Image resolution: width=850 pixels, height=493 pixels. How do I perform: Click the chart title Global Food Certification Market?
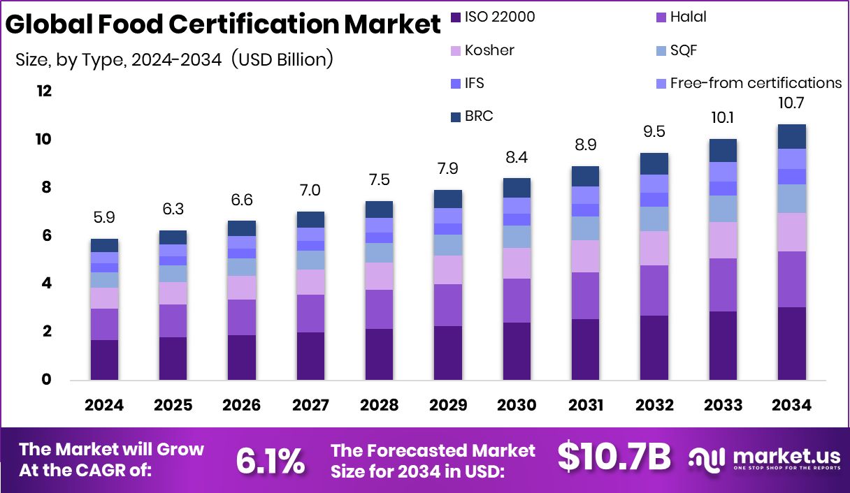coord(223,24)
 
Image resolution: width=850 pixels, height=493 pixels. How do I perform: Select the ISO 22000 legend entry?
coord(499,17)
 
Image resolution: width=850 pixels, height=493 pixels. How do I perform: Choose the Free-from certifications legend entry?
coord(755,83)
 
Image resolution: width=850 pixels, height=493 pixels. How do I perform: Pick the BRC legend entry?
coord(478,116)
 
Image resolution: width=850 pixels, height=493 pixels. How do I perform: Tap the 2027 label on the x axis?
coord(310,406)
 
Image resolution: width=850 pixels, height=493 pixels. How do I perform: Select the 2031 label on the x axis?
coord(584,406)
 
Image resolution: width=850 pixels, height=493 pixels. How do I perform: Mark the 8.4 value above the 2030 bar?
coord(516,158)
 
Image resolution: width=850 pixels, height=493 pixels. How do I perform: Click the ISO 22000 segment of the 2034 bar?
coord(791,344)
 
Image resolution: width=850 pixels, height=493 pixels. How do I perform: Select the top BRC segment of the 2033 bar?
coord(722,150)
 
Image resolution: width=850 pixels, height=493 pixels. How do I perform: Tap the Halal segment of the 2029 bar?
coord(447,305)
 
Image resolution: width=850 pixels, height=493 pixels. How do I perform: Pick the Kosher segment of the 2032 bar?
coord(654,248)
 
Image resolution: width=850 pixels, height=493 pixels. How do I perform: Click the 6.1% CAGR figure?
coord(270,460)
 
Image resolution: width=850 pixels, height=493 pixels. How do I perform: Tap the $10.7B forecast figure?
coord(614,457)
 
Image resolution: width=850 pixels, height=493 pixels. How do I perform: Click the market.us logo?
coord(764,459)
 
